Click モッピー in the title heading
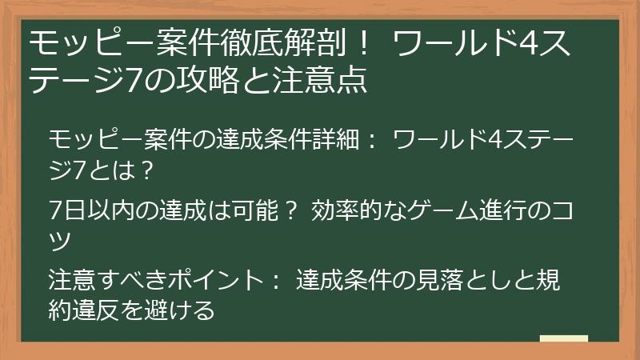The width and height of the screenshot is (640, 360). (71, 42)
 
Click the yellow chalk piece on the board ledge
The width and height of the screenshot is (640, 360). (563, 339)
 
